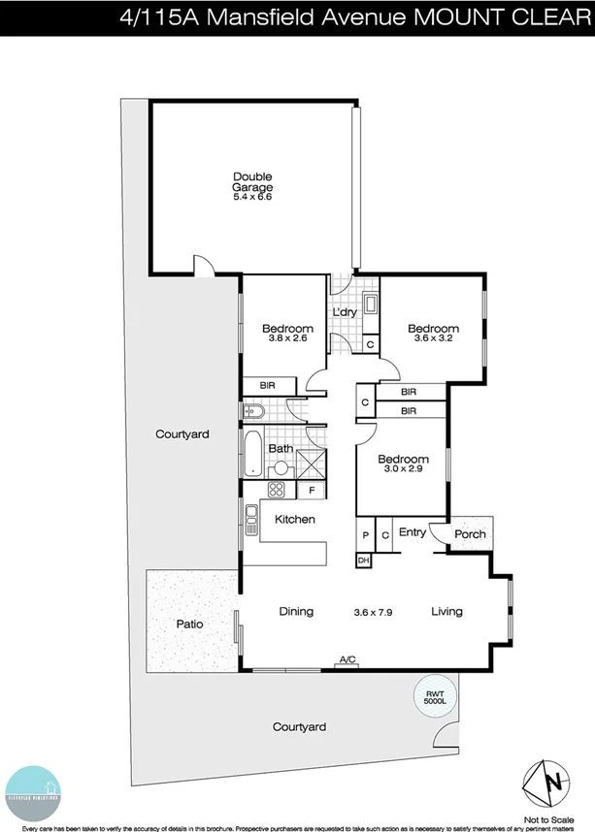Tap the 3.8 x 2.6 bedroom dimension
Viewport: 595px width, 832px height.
pyautogui.click(x=287, y=338)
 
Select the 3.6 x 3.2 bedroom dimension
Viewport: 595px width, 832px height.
pyautogui.click(x=432, y=338)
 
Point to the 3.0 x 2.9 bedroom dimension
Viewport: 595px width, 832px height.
pyautogui.click(x=403, y=469)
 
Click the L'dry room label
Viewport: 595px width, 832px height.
pyautogui.click(x=346, y=312)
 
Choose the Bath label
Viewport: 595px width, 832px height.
pyautogui.click(x=281, y=449)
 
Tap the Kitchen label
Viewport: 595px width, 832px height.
pyautogui.click(x=294, y=520)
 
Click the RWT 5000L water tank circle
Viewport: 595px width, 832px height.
pyautogui.click(x=432, y=697)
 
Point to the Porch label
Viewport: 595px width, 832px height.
pyautogui.click(x=470, y=534)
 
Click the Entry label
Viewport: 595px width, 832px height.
pyautogui.click(x=413, y=531)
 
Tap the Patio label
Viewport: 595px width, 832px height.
pyautogui.click(x=189, y=624)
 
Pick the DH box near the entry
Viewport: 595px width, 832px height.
pyautogui.click(x=364, y=560)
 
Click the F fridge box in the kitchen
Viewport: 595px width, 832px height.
pyautogui.click(x=312, y=491)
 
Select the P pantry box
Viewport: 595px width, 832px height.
pyautogui.click(x=365, y=534)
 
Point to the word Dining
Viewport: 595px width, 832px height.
pyautogui.click(x=296, y=611)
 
